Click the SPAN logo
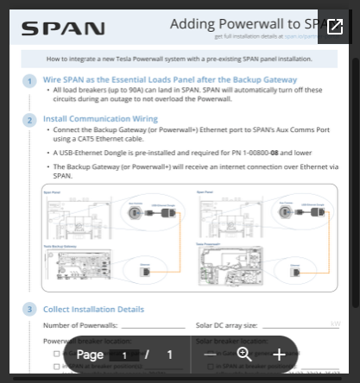click(62, 28)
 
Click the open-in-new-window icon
click(334, 27)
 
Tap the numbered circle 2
click(30, 120)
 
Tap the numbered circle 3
click(30, 310)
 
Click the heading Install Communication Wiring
click(100, 118)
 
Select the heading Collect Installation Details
click(93, 309)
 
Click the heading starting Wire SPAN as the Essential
click(169, 78)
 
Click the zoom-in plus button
click(279, 355)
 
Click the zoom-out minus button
click(211, 355)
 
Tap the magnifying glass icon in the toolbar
click(244, 355)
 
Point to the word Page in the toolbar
click(90, 355)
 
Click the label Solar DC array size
click(226, 325)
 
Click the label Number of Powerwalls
click(79, 325)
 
